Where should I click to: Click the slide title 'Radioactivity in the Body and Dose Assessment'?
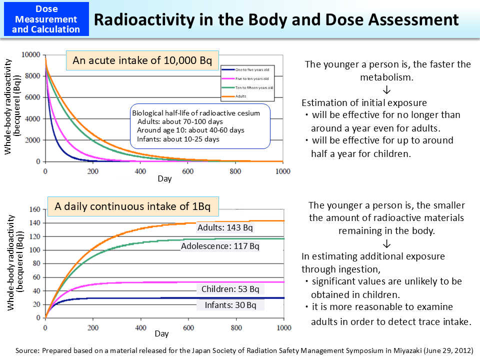pyautogui.click(x=276, y=19)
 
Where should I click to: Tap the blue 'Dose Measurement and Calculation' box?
pyautogui.click(x=46, y=19)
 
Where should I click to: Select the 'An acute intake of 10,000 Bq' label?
pyautogui.click(x=142, y=61)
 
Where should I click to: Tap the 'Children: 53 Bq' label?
pyautogui.click(x=230, y=289)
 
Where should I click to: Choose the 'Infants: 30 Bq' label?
pyautogui.click(x=230, y=305)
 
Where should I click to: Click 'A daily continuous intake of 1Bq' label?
pyautogui.click(x=132, y=206)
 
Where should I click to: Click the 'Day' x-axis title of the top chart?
pyautogui.click(x=164, y=179)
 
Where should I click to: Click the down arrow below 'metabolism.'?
pyautogui.click(x=387, y=90)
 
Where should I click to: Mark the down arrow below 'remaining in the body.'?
pyautogui.click(x=387, y=243)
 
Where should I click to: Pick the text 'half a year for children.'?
pyautogui.click(x=360, y=153)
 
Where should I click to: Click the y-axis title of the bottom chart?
pyautogui.click(x=14, y=262)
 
